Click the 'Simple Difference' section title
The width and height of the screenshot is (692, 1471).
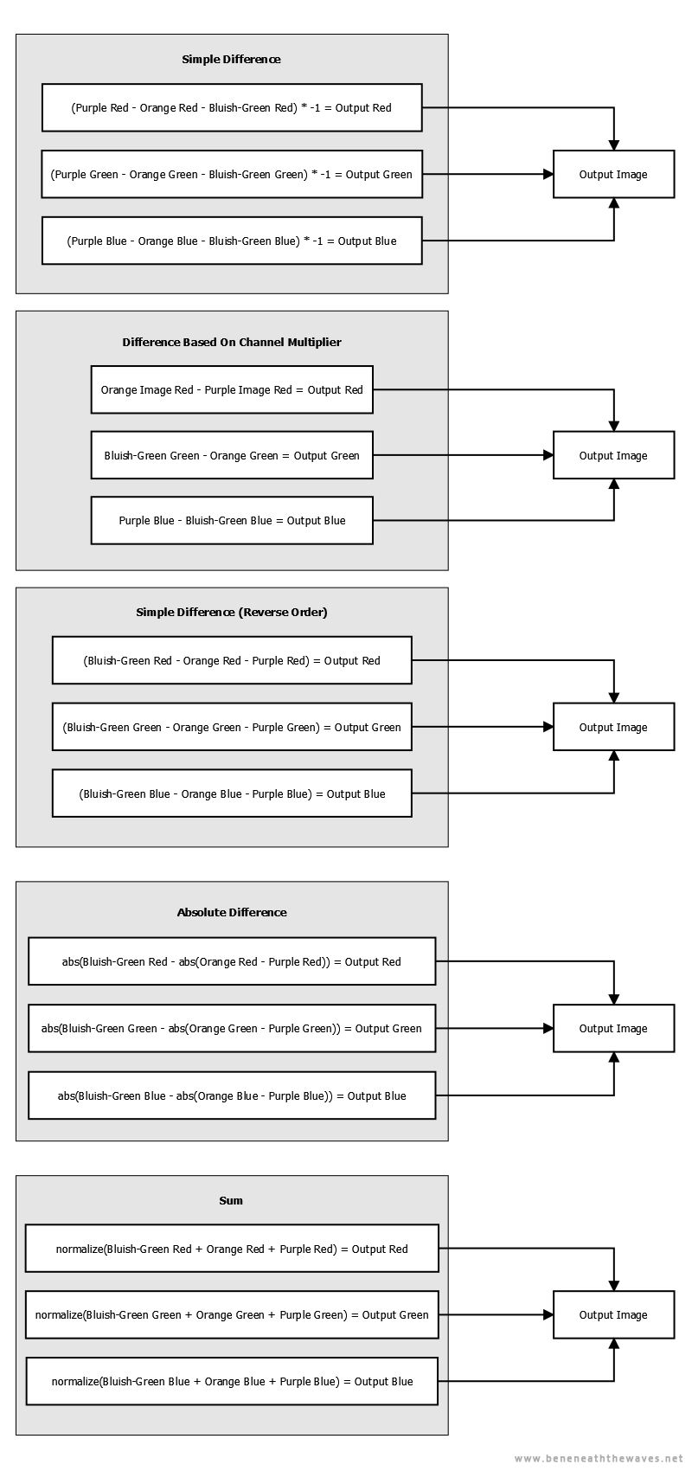231,59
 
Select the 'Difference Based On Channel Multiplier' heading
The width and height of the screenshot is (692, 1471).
232,342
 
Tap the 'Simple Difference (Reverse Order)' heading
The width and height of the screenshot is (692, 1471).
232,612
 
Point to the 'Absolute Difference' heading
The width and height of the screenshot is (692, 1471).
232,912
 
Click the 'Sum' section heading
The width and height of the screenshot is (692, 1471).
231,1200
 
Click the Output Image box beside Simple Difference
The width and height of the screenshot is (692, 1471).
613,174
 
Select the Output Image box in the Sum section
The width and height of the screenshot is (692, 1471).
613,1314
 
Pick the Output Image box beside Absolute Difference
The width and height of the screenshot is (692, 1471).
613,1028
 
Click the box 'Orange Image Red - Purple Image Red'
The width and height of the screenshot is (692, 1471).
232,389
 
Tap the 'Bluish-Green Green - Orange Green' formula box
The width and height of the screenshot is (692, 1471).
232,455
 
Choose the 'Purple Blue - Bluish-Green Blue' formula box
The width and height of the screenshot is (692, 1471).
232,520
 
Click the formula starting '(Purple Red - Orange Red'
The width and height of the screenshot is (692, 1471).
232,107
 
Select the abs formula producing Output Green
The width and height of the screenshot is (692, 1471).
232,1028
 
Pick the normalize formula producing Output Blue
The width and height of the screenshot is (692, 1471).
232,1381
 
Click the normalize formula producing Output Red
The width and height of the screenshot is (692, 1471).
232,1249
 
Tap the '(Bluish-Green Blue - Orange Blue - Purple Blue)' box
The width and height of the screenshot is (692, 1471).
232,793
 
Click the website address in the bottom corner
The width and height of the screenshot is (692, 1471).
599,1459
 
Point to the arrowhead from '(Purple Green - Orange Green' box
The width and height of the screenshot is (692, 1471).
548,174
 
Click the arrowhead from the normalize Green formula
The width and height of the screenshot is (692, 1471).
548,1314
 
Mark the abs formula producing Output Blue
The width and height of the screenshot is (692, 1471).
232,1095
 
